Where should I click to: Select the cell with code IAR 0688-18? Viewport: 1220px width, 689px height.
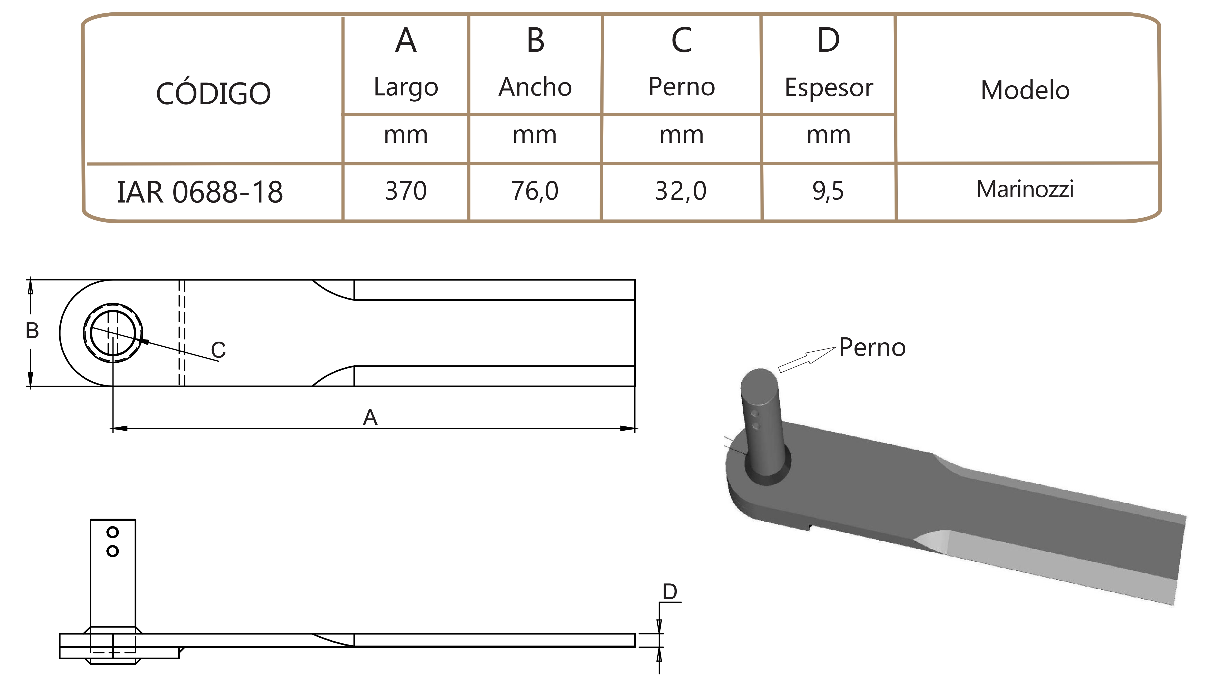[200, 192]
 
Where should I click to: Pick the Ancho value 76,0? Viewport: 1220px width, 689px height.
[535, 191]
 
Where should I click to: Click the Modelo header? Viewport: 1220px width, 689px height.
[1025, 90]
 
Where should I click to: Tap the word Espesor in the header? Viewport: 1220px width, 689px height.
[829, 88]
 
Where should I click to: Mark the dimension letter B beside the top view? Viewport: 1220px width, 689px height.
[32, 331]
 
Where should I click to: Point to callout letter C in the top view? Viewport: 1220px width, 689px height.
[218, 350]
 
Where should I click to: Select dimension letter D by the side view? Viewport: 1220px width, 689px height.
[670, 592]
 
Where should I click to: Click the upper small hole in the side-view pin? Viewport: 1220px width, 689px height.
[113, 532]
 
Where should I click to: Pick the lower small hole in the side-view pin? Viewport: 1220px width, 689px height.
[113, 551]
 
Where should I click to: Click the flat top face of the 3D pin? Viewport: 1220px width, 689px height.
[759, 383]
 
